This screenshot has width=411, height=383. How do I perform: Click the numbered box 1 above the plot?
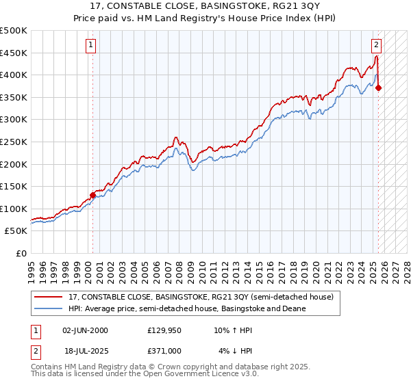92,46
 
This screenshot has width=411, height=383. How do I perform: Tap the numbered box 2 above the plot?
376,46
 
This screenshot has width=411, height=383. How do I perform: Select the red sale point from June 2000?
92,195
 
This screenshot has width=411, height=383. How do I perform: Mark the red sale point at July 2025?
378,88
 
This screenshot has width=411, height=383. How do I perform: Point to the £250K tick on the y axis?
14,142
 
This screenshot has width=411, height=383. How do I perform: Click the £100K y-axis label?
14,209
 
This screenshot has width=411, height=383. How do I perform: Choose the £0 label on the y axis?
21,253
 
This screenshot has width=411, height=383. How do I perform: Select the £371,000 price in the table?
165,350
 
